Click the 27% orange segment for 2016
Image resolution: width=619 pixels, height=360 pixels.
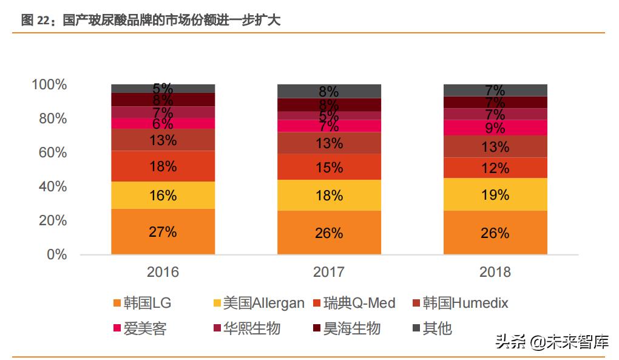(163, 231)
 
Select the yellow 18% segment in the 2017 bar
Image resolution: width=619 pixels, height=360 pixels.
(329, 195)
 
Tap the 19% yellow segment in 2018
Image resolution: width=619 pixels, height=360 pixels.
(495, 194)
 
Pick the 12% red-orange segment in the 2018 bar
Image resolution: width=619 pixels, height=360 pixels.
(495, 168)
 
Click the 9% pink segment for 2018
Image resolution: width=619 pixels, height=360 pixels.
(495, 127)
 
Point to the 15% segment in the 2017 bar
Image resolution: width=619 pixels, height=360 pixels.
(329, 167)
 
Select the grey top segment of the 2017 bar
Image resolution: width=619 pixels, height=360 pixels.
(329, 91)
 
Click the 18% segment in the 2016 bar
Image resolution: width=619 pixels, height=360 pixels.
(163, 166)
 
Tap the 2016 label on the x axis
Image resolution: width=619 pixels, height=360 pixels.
(163, 272)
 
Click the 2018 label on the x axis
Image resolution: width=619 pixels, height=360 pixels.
(495, 272)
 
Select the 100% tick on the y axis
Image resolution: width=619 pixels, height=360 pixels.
(49, 84)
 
